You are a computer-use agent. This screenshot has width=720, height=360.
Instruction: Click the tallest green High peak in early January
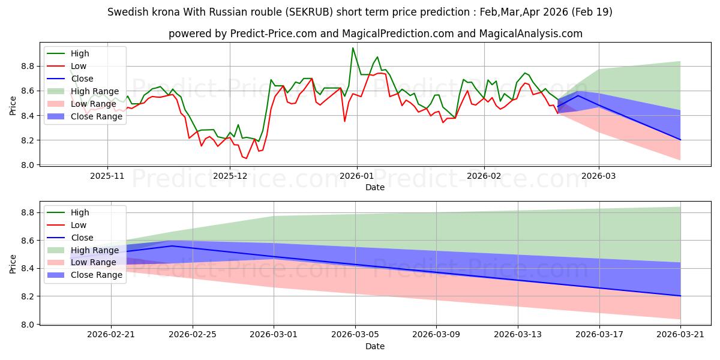(x=353, y=48)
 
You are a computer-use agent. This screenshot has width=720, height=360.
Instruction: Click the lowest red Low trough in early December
(x=246, y=158)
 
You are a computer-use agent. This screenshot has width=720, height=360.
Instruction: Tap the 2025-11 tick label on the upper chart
(x=107, y=176)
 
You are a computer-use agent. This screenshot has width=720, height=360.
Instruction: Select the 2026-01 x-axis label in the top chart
(x=357, y=176)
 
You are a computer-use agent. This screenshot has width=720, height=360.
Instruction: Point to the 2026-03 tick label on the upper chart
(x=599, y=176)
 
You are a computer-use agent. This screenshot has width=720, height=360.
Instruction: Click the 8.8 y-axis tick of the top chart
(x=28, y=67)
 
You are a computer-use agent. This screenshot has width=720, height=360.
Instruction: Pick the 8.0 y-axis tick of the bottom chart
(x=28, y=325)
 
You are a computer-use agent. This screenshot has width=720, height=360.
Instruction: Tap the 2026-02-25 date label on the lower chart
(x=193, y=335)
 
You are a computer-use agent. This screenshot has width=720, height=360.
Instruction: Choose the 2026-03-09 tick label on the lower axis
(x=436, y=335)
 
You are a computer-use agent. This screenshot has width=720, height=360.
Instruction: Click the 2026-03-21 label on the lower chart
(x=680, y=335)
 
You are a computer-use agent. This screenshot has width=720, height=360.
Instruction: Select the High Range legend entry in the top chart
(x=83, y=91)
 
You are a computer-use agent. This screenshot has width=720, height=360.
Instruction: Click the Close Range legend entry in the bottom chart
(x=85, y=275)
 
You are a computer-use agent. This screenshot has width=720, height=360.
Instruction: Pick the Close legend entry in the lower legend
(x=70, y=238)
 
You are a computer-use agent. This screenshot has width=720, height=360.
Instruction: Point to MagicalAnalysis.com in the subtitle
(x=530, y=34)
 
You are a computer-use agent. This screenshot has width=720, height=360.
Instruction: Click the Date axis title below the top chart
(x=375, y=187)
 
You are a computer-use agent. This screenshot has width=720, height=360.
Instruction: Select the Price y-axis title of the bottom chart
(x=13, y=264)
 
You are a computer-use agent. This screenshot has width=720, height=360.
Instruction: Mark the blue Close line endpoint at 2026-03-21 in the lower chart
(x=680, y=296)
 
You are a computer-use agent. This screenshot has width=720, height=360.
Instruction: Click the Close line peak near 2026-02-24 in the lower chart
(x=172, y=246)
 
